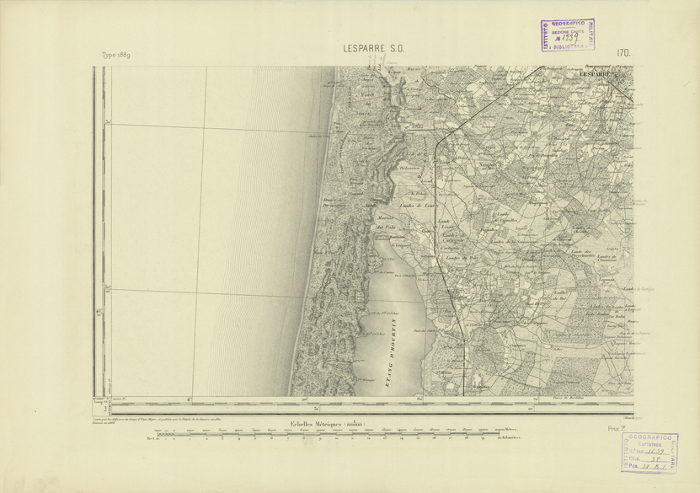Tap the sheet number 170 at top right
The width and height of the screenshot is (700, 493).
pos(623,53)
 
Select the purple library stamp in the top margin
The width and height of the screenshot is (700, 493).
pos(568,35)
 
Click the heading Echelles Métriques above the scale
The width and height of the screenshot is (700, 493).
pos(335,423)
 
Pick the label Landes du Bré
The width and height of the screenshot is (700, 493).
pos(558,296)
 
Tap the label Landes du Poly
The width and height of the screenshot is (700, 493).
pos(462,249)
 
